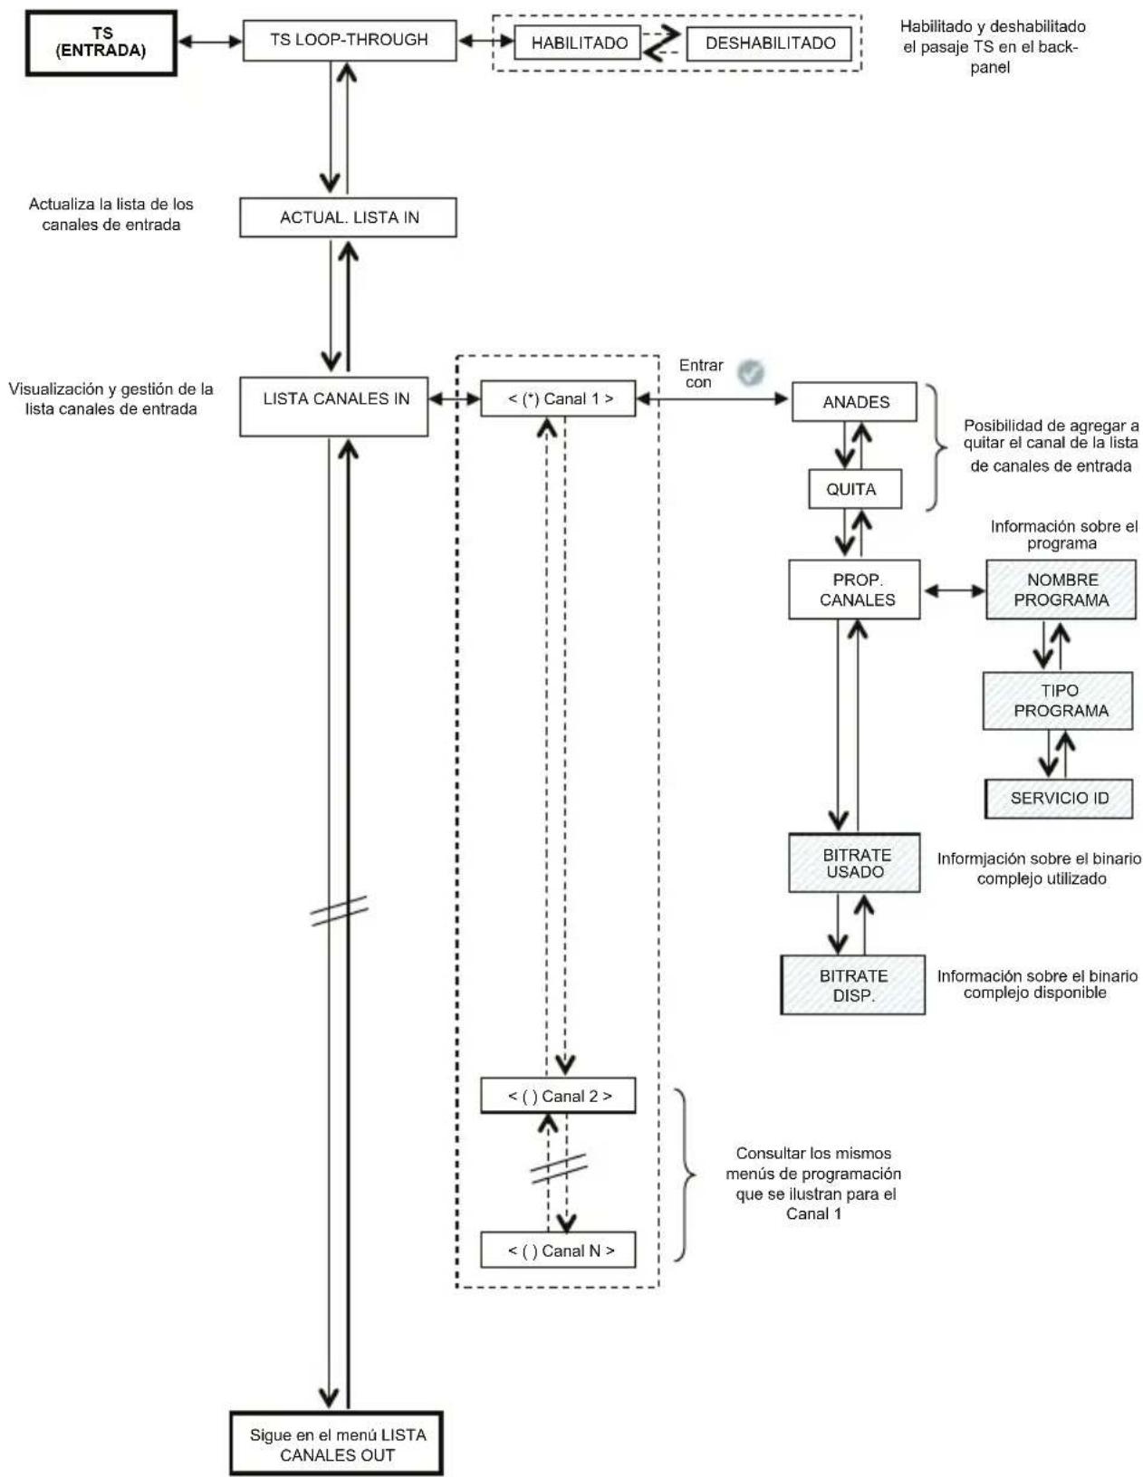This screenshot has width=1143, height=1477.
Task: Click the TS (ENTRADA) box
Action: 101,43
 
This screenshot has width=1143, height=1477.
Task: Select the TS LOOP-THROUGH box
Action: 350,40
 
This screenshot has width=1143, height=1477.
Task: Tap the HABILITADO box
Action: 577,43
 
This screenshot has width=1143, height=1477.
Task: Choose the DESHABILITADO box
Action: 769,43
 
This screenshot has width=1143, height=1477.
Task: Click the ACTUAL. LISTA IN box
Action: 348,217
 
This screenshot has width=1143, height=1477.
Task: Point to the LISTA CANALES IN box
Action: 333,407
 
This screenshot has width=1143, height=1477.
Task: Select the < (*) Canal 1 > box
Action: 558,398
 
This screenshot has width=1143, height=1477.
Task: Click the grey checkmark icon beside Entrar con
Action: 751,372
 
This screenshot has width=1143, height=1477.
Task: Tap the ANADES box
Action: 854,402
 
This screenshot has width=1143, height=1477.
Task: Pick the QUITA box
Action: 855,489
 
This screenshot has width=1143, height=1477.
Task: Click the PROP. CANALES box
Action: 854,590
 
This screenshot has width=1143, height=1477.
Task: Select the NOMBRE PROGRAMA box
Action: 1061,590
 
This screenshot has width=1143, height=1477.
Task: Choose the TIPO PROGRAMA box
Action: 1057,701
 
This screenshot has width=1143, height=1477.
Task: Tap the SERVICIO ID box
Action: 1058,798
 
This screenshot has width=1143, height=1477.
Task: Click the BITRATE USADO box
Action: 854,862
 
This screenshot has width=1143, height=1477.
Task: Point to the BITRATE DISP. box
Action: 853,985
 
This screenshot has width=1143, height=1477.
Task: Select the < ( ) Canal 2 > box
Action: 558,1095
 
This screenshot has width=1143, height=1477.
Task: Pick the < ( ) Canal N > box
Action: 558,1250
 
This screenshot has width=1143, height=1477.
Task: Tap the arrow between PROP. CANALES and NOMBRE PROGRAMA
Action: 954,591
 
